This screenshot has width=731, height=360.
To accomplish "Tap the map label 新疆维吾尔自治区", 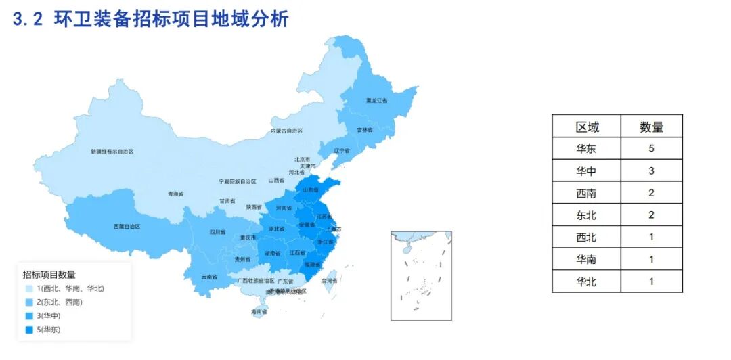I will tap(112, 152).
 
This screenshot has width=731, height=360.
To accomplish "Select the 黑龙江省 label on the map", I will tap(376, 100).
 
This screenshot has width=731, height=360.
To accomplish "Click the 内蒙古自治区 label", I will tap(286, 131).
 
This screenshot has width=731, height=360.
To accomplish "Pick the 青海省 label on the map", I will tap(175, 194).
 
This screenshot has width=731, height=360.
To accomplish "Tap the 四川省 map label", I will tap(217, 232).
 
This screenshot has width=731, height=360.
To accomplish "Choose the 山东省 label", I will tap(311, 190).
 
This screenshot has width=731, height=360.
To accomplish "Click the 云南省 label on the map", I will tap(209, 277).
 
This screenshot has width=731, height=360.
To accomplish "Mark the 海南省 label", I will tap(259, 312).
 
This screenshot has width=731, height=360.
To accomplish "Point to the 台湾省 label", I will tap(328, 280).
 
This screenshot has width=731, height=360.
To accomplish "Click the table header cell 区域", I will tap(587, 127).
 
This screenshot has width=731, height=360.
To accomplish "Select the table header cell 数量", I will tap(651, 127).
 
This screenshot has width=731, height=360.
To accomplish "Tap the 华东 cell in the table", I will tap(587, 149).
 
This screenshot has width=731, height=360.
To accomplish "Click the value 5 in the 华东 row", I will tap(651, 149).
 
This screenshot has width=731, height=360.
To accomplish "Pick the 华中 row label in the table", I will tap(587, 171).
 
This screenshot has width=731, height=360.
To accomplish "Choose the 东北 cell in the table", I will tap(587, 215).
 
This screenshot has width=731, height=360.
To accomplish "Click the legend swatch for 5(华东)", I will tap(28, 330).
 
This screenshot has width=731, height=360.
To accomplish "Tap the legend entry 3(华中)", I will tap(50, 316).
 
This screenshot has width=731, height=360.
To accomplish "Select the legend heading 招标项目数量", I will tap(49, 275).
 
